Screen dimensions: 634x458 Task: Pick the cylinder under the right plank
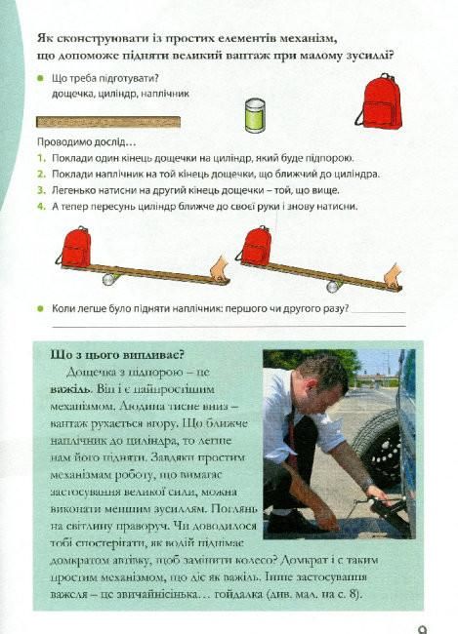pyautogui.click(x=335, y=286)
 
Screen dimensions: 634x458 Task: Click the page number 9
pyautogui.click(x=422, y=625)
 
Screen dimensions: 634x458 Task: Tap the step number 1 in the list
pyautogui.click(x=41, y=158)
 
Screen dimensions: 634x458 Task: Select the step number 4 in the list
pyautogui.click(x=41, y=207)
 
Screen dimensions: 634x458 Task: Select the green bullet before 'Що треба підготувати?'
pyautogui.click(x=40, y=78)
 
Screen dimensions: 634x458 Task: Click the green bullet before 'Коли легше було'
pyautogui.click(x=40, y=308)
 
